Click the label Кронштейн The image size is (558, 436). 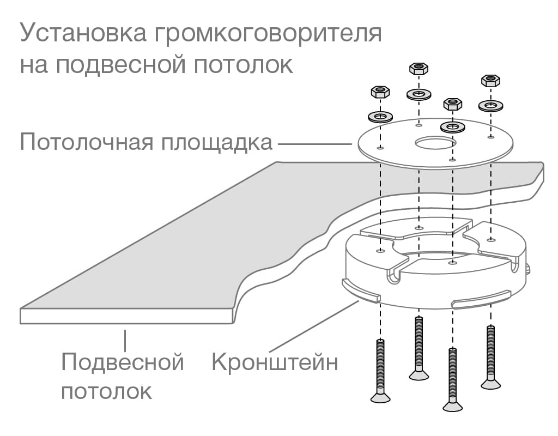(x=275, y=362)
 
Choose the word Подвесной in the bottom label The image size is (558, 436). (x=123, y=362)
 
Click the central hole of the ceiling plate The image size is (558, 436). (x=434, y=143)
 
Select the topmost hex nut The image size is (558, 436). (x=418, y=69)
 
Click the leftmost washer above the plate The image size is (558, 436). (x=381, y=116)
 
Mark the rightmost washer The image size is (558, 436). (x=491, y=105)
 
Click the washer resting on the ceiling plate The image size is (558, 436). (x=452, y=127)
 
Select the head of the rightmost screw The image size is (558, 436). (x=490, y=384)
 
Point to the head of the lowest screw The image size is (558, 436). (x=452, y=405)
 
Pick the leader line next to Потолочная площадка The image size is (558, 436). (x=315, y=144)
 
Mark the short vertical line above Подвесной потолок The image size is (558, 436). (x=125, y=340)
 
